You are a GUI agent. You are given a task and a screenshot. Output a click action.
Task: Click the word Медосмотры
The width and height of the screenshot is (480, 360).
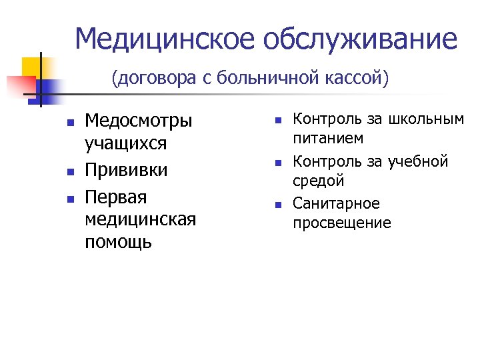pyautogui.click(x=139, y=121)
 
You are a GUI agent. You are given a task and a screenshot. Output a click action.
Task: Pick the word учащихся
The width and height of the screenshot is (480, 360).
pyautogui.click(x=125, y=143)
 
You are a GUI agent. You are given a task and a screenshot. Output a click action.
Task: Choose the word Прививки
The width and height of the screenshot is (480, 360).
pyautogui.click(x=126, y=170)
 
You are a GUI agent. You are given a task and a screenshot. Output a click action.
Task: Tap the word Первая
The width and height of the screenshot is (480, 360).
pyautogui.click(x=115, y=197)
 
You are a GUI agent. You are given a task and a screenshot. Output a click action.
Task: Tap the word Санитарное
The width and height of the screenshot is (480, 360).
pyautogui.click(x=335, y=202)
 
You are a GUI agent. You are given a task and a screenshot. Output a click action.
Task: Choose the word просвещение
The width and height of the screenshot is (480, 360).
pyautogui.click(x=342, y=223)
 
